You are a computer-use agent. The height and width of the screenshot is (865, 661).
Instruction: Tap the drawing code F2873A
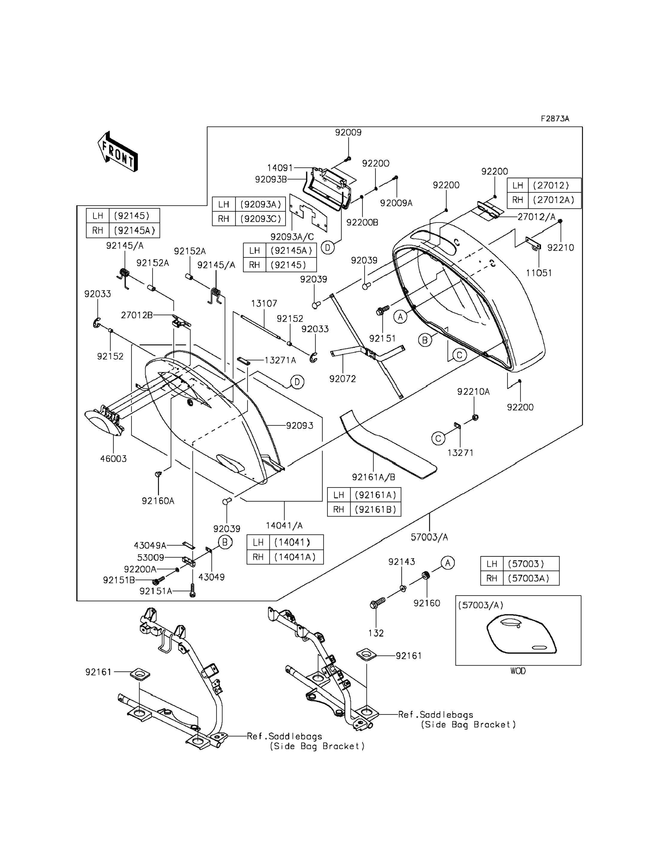click(555, 119)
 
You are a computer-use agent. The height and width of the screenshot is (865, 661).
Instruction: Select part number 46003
click(113, 458)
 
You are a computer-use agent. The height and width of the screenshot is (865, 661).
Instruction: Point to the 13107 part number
click(264, 303)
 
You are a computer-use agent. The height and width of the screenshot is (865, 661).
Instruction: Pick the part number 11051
click(539, 273)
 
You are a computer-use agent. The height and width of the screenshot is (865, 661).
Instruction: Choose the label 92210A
click(473, 392)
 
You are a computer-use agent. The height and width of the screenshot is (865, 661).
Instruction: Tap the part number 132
click(376, 633)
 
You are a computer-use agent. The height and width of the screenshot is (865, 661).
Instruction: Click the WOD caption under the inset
click(518, 671)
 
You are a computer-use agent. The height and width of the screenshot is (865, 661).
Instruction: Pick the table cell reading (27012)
click(551, 185)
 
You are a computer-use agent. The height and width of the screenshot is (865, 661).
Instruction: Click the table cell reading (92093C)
click(260, 219)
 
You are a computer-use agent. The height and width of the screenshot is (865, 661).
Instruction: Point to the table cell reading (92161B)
click(375, 509)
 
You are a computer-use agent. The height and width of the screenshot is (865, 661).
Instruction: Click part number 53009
click(150, 558)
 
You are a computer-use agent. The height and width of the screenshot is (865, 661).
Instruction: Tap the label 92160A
click(158, 501)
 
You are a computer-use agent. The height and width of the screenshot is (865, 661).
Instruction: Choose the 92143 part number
click(401, 562)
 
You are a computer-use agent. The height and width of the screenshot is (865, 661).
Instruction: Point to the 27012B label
click(137, 315)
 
